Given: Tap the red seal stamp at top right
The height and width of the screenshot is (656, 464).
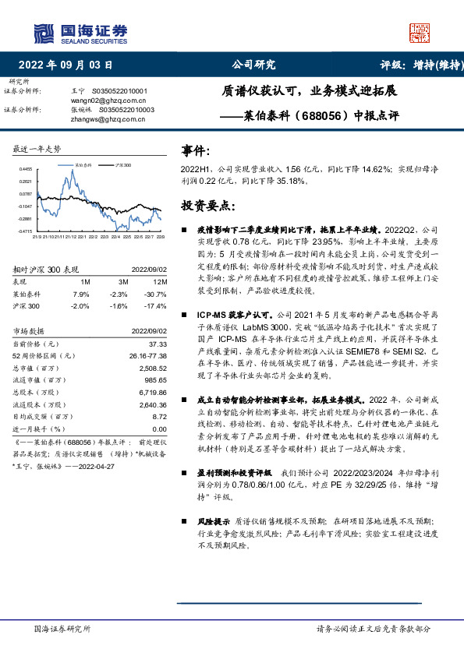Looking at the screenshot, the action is tap(420, 34).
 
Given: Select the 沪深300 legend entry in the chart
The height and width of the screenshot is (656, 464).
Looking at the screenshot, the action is tap(122, 166).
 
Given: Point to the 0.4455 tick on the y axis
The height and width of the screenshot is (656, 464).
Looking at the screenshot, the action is tap(26, 168).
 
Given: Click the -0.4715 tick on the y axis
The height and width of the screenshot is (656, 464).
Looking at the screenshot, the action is tap(26, 231).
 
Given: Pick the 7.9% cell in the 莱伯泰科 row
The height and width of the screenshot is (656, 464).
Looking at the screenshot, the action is tap(80, 294).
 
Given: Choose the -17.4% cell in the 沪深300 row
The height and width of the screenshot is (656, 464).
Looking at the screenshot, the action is tap(158, 306).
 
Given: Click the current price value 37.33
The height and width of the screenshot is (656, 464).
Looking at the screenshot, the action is tap(158, 344).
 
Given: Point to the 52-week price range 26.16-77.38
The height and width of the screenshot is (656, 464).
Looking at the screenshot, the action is tap(143, 355).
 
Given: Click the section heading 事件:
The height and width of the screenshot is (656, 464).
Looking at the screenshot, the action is tap(196, 150).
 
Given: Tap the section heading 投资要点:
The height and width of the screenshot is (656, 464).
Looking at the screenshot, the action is tap(207, 206).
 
